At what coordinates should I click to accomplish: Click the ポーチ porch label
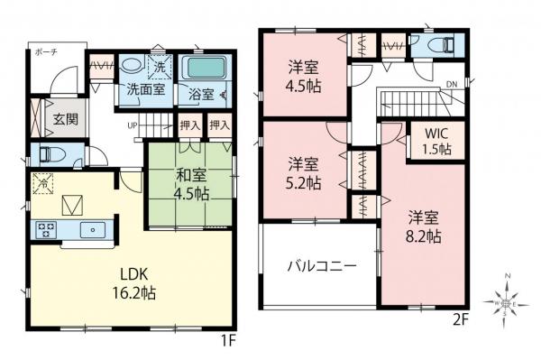click(x=46, y=53)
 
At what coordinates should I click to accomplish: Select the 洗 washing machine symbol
click(x=159, y=67)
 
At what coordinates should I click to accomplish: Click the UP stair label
click(x=133, y=125)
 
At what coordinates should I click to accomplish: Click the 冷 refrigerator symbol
click(x=41, y=182)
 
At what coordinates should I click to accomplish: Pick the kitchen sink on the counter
click(x=92, y=230)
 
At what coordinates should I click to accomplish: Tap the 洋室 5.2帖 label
click(x=305, y=172)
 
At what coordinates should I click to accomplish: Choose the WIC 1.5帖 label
click(x=437, y=142)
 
